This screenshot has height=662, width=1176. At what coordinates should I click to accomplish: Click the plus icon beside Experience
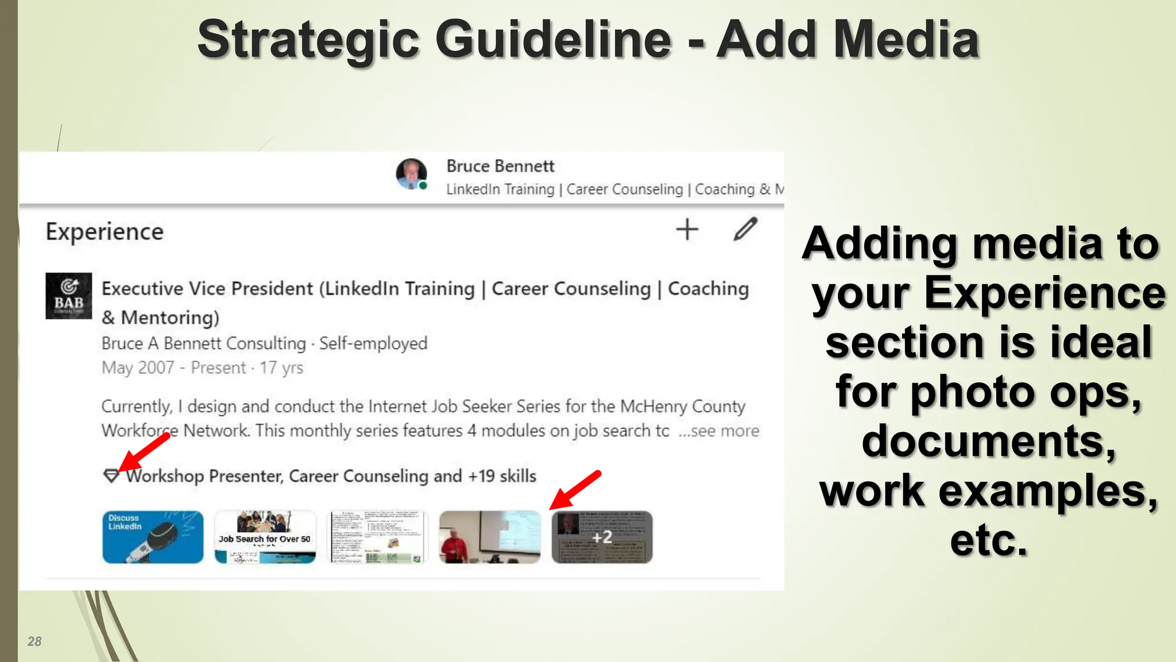coord(687,230)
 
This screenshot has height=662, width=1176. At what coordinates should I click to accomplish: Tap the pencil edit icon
coord(745,229)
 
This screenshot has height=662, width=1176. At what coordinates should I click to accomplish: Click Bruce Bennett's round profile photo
coord(411,174)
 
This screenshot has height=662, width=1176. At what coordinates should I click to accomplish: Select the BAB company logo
coord(69,296)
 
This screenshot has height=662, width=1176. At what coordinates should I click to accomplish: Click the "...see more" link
coord(719,431)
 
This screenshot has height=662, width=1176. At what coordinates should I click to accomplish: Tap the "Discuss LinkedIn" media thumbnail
coord(153,537)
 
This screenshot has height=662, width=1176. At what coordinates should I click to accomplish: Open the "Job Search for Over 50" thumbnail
coord(265,537)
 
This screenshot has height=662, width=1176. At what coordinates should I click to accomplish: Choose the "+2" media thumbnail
coord(602,537)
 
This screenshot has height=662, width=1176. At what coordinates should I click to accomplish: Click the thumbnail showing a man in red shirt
coord(489,537)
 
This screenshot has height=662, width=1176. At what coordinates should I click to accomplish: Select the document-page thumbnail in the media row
coord(377,537)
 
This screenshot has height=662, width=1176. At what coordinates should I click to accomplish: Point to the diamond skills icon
coord(111,476)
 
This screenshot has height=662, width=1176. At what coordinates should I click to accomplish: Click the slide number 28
coord(34,641)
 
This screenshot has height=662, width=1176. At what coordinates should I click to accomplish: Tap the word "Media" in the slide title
coord(906,40)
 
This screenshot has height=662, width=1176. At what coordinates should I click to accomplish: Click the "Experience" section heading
coord(105,232)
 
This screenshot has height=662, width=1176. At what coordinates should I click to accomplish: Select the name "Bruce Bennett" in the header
coord(500,166)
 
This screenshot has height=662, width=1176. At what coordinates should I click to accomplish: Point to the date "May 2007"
coord(138,368)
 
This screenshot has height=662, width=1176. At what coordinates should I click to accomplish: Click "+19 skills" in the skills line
coord(502,476)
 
